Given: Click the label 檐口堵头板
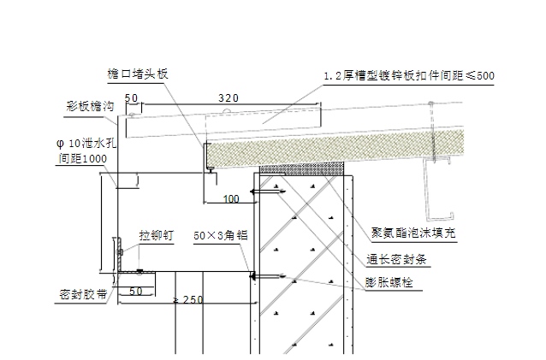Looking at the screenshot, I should pyautogui.click(x=136, y=74).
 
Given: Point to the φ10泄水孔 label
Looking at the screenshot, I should pyautogui.click(x=84, y=143).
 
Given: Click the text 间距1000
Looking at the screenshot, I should pyautogui.click(x=82, y=158).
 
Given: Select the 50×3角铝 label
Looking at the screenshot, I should pyautogui.click(x=220, y=233).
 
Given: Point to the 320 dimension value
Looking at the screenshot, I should pyautogui.click(x=228, y=98).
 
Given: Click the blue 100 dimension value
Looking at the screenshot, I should pyautogui.click(x=231, y=199).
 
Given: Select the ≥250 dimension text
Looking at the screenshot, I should pyautogui.click(x=188, y=299).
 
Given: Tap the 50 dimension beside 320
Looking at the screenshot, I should pyautogui.click(x=131, y=98).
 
